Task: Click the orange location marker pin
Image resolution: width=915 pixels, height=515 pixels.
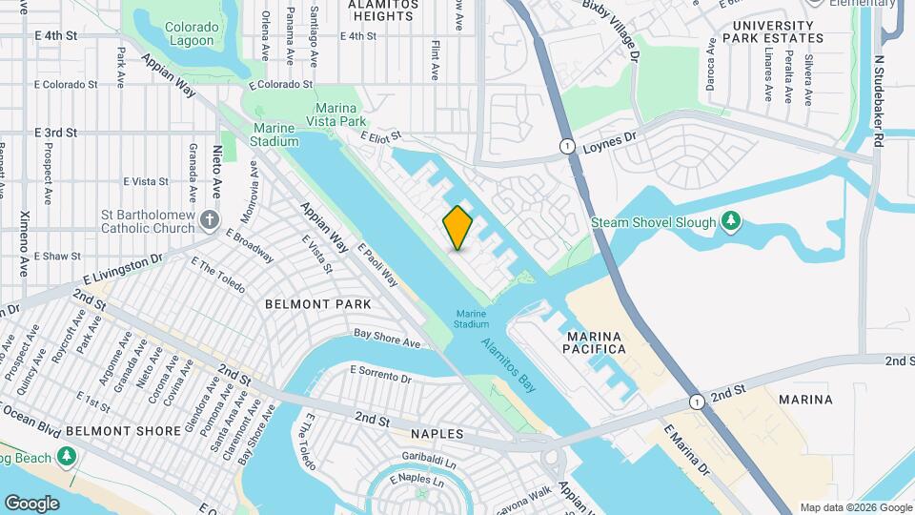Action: point(457,227)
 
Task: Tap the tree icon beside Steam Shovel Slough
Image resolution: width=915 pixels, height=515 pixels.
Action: point(731,222)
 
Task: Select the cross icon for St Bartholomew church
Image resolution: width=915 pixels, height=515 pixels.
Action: point(211,222)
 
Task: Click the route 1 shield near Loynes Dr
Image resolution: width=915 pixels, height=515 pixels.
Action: point(567,146)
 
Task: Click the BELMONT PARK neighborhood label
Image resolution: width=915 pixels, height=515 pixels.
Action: point(317,303)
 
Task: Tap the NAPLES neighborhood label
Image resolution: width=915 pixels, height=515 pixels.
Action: point(437,434)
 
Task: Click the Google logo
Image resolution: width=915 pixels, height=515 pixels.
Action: point(31,503)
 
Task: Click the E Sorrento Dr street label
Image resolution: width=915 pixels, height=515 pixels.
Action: point(380,373)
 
